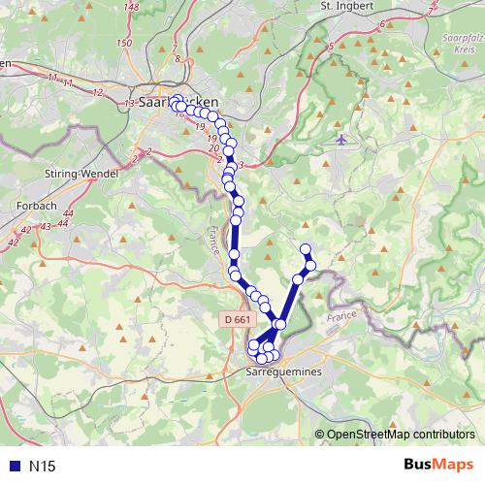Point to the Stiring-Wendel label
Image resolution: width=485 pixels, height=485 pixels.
[81, 172]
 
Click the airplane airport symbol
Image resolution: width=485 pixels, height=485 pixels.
[340, 139]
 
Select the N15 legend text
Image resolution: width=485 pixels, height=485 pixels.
[43, 467]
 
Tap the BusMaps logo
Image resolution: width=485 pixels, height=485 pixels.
[438, 466]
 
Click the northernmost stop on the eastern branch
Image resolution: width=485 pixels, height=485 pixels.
[306, 248]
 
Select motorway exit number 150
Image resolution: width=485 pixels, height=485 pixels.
[123, 43]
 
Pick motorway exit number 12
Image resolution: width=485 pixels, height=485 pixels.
[97, 92]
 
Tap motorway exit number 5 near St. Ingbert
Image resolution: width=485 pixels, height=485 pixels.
[331, 46]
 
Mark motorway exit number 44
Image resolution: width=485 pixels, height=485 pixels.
[62, 223]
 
